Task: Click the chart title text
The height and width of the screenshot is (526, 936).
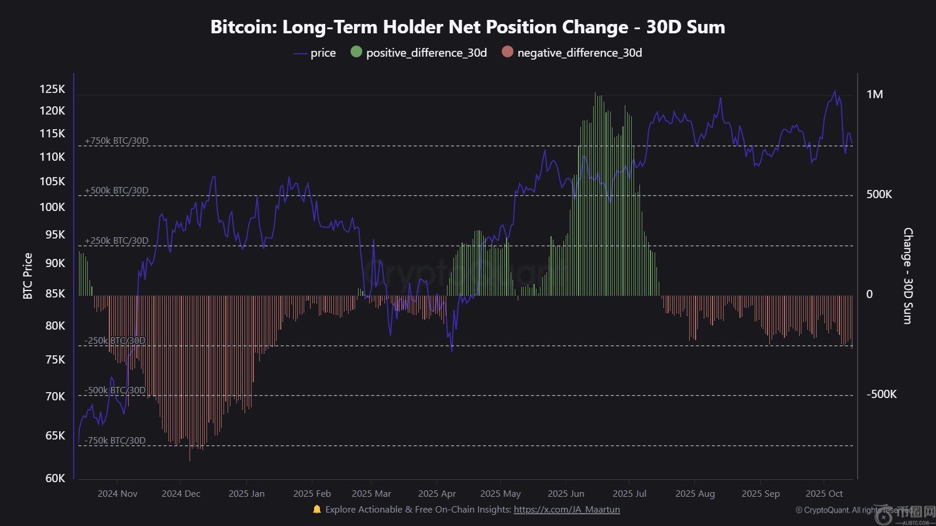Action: pyautogui.click(x=467, y=27)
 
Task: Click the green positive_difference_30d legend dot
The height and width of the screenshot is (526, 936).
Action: pyautogui.click(x=356, y=52)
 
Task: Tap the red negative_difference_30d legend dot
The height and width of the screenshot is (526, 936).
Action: pyautogui.click(x=507, y=52)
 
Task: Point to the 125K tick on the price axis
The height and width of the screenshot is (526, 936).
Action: pyautogui.click(x=52, y=89)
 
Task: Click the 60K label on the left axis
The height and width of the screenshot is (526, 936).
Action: pyautogui.click(x=55, y=478)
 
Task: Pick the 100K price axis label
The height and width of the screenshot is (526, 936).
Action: pyautogui.click(x=52, y=207)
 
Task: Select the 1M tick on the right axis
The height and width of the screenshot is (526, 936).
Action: pyautogui.click(x=875, y=95)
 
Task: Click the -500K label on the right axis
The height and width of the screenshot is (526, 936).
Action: pyautogui.click(x=881, y=394)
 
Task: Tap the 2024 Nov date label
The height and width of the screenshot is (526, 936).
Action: pyautogui.click(x=117, y=494)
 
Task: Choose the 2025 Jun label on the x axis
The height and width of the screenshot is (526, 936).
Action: pyautogui.click(x=566, y=494)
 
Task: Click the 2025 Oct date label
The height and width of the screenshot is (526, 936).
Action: pyautogui.click(x=824, y=494)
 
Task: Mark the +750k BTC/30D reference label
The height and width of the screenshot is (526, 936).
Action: pyautogui.click(x=116, y=141)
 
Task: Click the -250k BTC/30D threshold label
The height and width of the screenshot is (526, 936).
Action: pyautogui.click(x=115, y=341)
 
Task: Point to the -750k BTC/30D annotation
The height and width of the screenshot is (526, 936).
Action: pyautogui.click(x=115, y=441)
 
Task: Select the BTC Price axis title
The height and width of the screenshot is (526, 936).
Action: pyautogui.click(x=27, y=276)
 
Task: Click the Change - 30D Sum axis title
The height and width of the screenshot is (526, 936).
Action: pyautogui.click(x=907, y=276)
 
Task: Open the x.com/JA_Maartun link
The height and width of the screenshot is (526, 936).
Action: pyautogui.click(x=566, y=510)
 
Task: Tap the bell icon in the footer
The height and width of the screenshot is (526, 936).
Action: pyautogui.click(x=317, y=510)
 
